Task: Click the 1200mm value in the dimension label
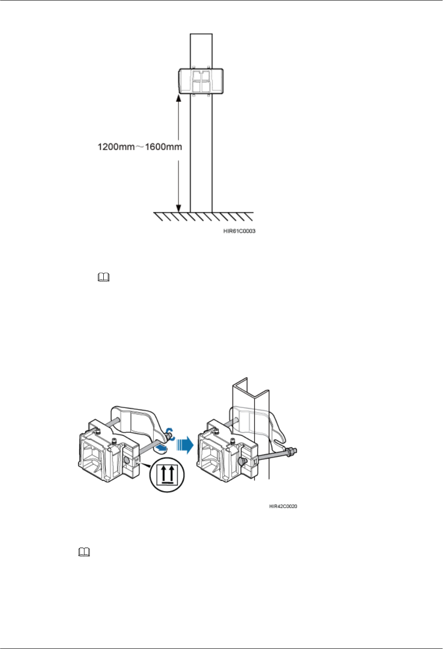[x=116, y=147]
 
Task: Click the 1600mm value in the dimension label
[x=163, y=147]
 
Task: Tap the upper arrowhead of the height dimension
[x=179, y=97]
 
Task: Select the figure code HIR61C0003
[x=239, y=231]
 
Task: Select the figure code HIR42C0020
[x=283, y=506]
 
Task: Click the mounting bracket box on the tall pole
[x=201, y=81]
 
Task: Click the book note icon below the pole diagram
[x=104, y=277]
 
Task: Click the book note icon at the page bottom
[x=84, y=553]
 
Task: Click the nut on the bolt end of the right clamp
[x=290, y=452]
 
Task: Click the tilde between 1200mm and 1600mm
[x=140, y=147]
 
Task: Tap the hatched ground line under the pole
[x=203, y=216]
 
